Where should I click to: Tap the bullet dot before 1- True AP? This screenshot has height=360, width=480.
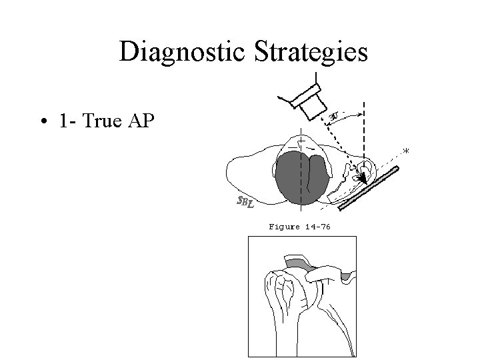tap(42, 123)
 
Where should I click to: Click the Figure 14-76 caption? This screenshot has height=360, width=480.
tap(299, 227)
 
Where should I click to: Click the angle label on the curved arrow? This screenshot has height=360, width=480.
tap(337, 117)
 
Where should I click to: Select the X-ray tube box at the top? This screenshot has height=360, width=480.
tap(311, 99)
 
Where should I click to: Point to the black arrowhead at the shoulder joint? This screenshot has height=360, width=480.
tap(361, 177)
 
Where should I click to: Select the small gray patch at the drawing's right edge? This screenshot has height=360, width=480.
tap(345, 275)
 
